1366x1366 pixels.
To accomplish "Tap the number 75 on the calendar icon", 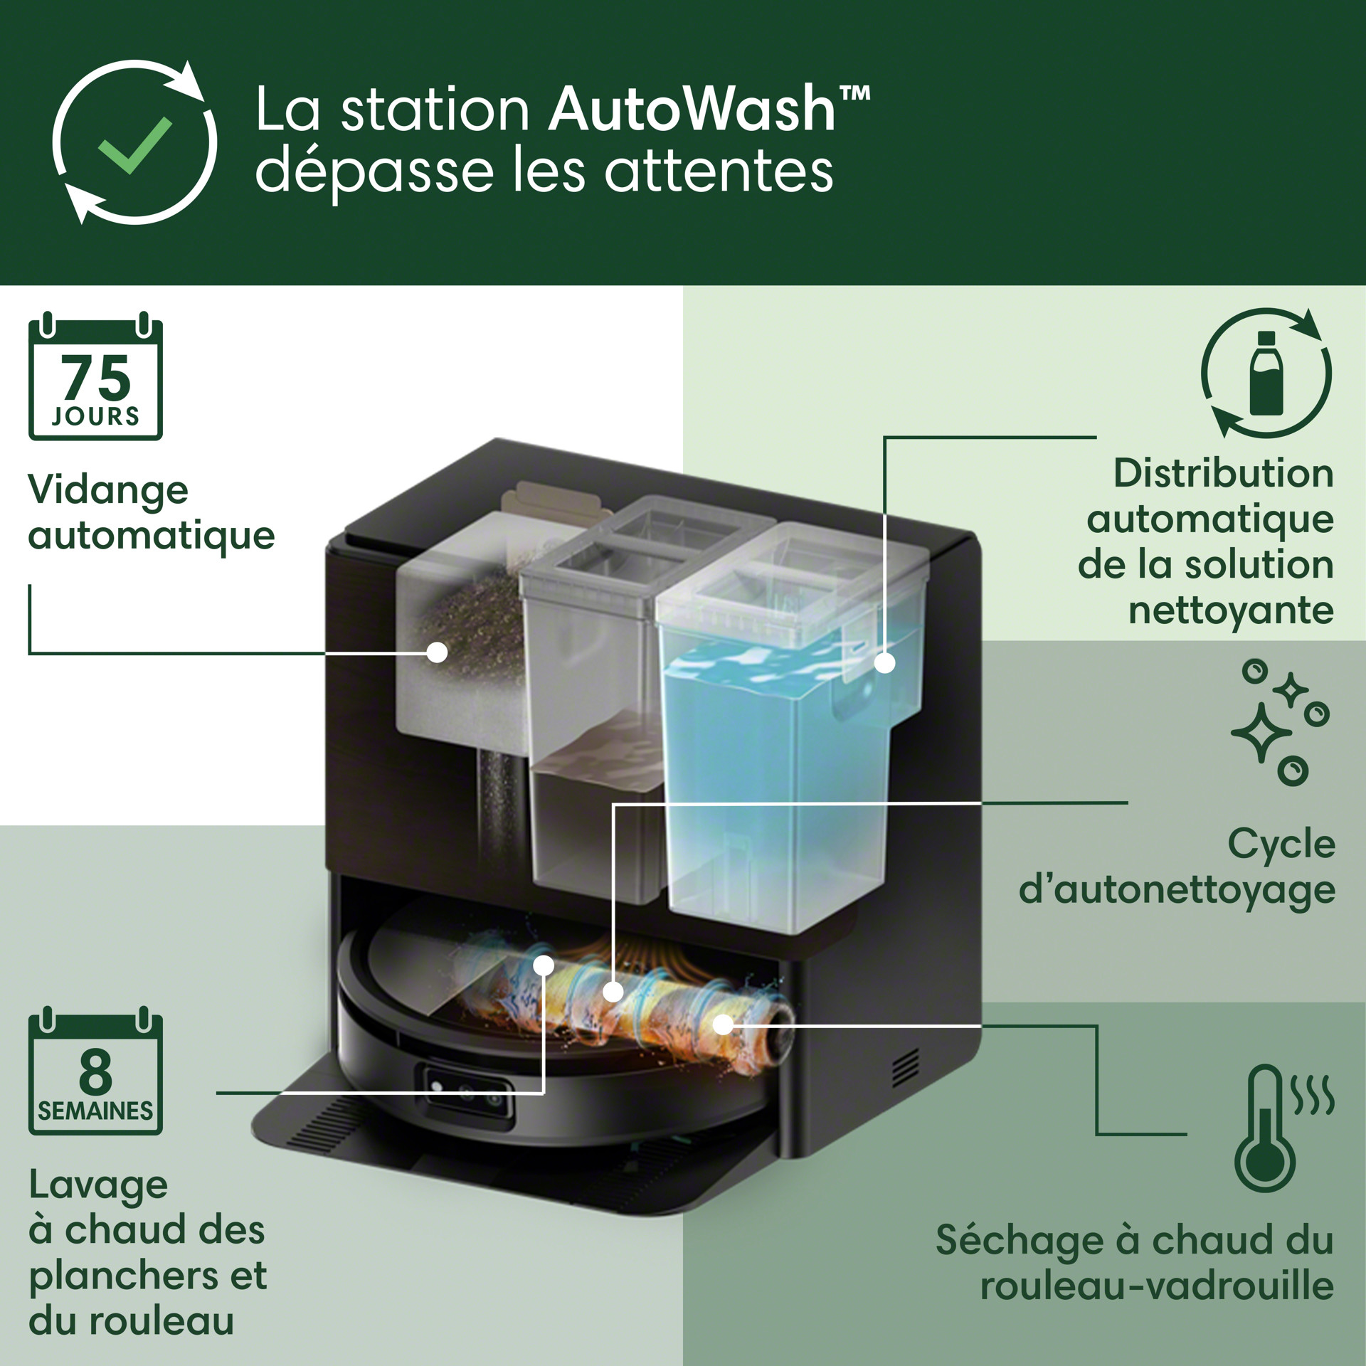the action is pyautogui.click(x=96, y=378).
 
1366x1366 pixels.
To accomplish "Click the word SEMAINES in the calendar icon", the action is pyautogui.click(x=95, y=1111).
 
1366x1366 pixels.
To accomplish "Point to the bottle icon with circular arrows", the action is pyautogui.click(x=1266, y=372).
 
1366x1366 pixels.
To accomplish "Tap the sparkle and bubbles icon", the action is pyautogui.click(x=1279, y=721).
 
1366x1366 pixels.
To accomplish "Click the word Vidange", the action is pyautogui.click(x=108, y=491).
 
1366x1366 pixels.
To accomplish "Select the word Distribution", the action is pyautogui.click(x=1223, y=474).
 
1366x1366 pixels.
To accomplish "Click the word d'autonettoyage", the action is pyautogui.click(x=1177, y=891).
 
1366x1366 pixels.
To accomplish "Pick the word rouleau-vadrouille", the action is pyautogui.click(x=1157, y=1286).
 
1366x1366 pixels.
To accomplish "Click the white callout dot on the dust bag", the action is pyautogui.click(x=438, y=652).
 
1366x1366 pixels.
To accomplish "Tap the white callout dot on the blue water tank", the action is pyautogui.click(x=884, y=662).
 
